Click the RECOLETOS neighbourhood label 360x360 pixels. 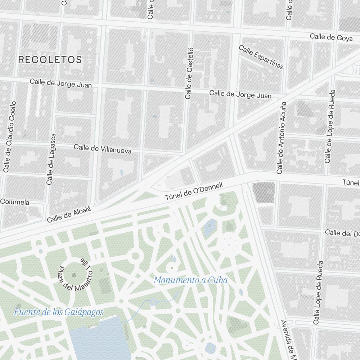[x=50, y=60]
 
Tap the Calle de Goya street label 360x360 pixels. [x=331, y=37]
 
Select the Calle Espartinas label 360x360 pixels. [x=261, y=57]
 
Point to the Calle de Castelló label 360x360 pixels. [x=189, y=73]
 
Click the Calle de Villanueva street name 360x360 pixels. [x=102, y=149]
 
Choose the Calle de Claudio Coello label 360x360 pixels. [x=10, y=136]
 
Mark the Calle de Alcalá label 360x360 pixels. [x=68, y=214]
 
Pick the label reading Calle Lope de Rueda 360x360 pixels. [x=318, y=293]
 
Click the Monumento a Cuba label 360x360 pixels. [x=191, y=280]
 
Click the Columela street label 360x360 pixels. [x=15, y=202]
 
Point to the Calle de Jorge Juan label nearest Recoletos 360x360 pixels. [x=60, y=83]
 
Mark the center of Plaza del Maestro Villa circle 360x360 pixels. [x=74, y=275]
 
